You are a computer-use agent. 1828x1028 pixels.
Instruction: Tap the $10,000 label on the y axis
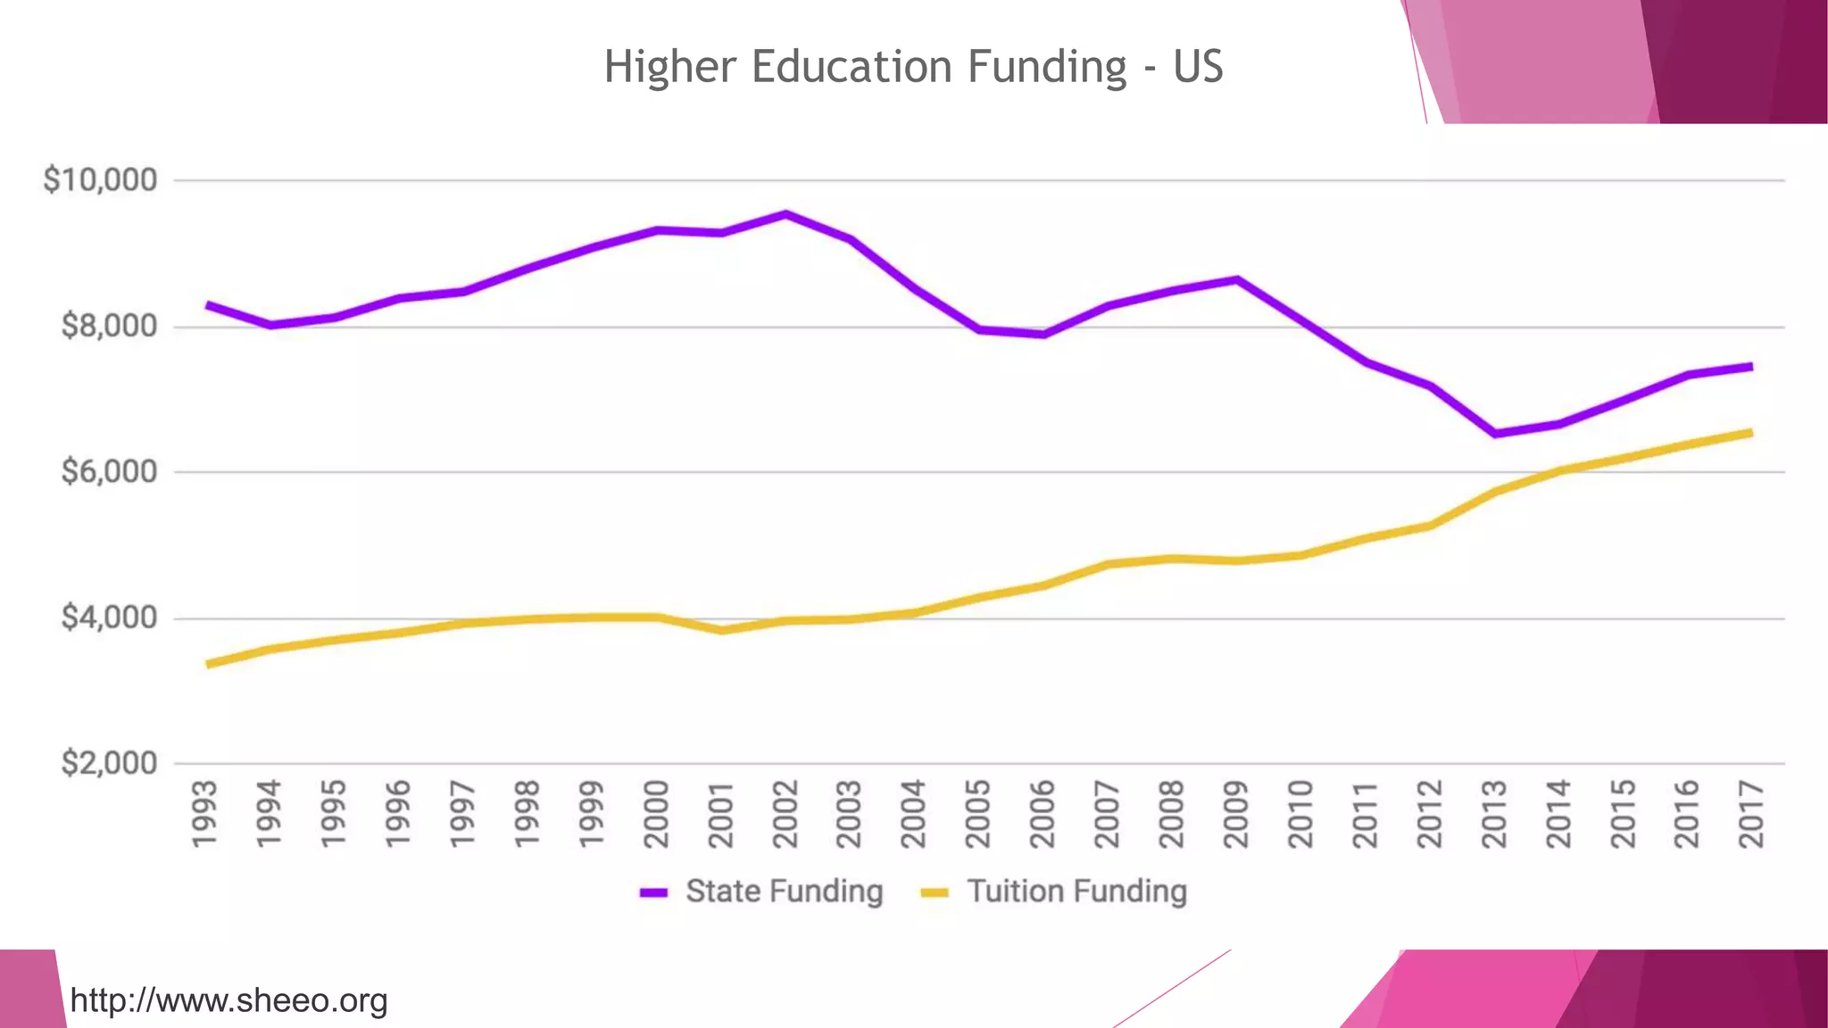click(100, 180)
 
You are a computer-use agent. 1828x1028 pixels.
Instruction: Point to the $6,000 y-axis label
click(109, 471)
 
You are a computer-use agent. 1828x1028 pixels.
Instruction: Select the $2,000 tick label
click(109, 763)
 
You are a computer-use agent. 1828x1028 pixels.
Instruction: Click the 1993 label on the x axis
click(205, 814)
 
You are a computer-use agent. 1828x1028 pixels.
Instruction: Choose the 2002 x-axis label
click(785, 814)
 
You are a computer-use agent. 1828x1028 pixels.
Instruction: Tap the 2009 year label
click(1236, 814)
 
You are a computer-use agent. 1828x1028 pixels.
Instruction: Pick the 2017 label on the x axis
click(1751, 814)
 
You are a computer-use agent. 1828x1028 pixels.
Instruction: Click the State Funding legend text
click(784, 891)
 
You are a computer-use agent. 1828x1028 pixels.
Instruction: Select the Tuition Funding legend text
click(1077, 891)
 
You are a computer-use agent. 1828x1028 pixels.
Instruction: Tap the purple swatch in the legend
click(654, 892)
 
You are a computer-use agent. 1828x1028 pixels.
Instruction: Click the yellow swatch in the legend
click(935, 892)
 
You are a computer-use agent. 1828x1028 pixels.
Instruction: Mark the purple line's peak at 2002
click(785, 213)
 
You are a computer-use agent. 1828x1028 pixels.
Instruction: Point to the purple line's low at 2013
click(1494, 435)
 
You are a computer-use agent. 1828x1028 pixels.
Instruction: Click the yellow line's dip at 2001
click(721, 631)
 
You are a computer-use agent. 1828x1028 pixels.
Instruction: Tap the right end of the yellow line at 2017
click(1750, 433)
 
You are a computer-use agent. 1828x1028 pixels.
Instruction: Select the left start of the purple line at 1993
click(208, 305)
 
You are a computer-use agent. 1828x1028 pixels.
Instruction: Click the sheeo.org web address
click(228, 1000)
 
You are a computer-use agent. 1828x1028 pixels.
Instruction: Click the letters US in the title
click(1197, 68)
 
